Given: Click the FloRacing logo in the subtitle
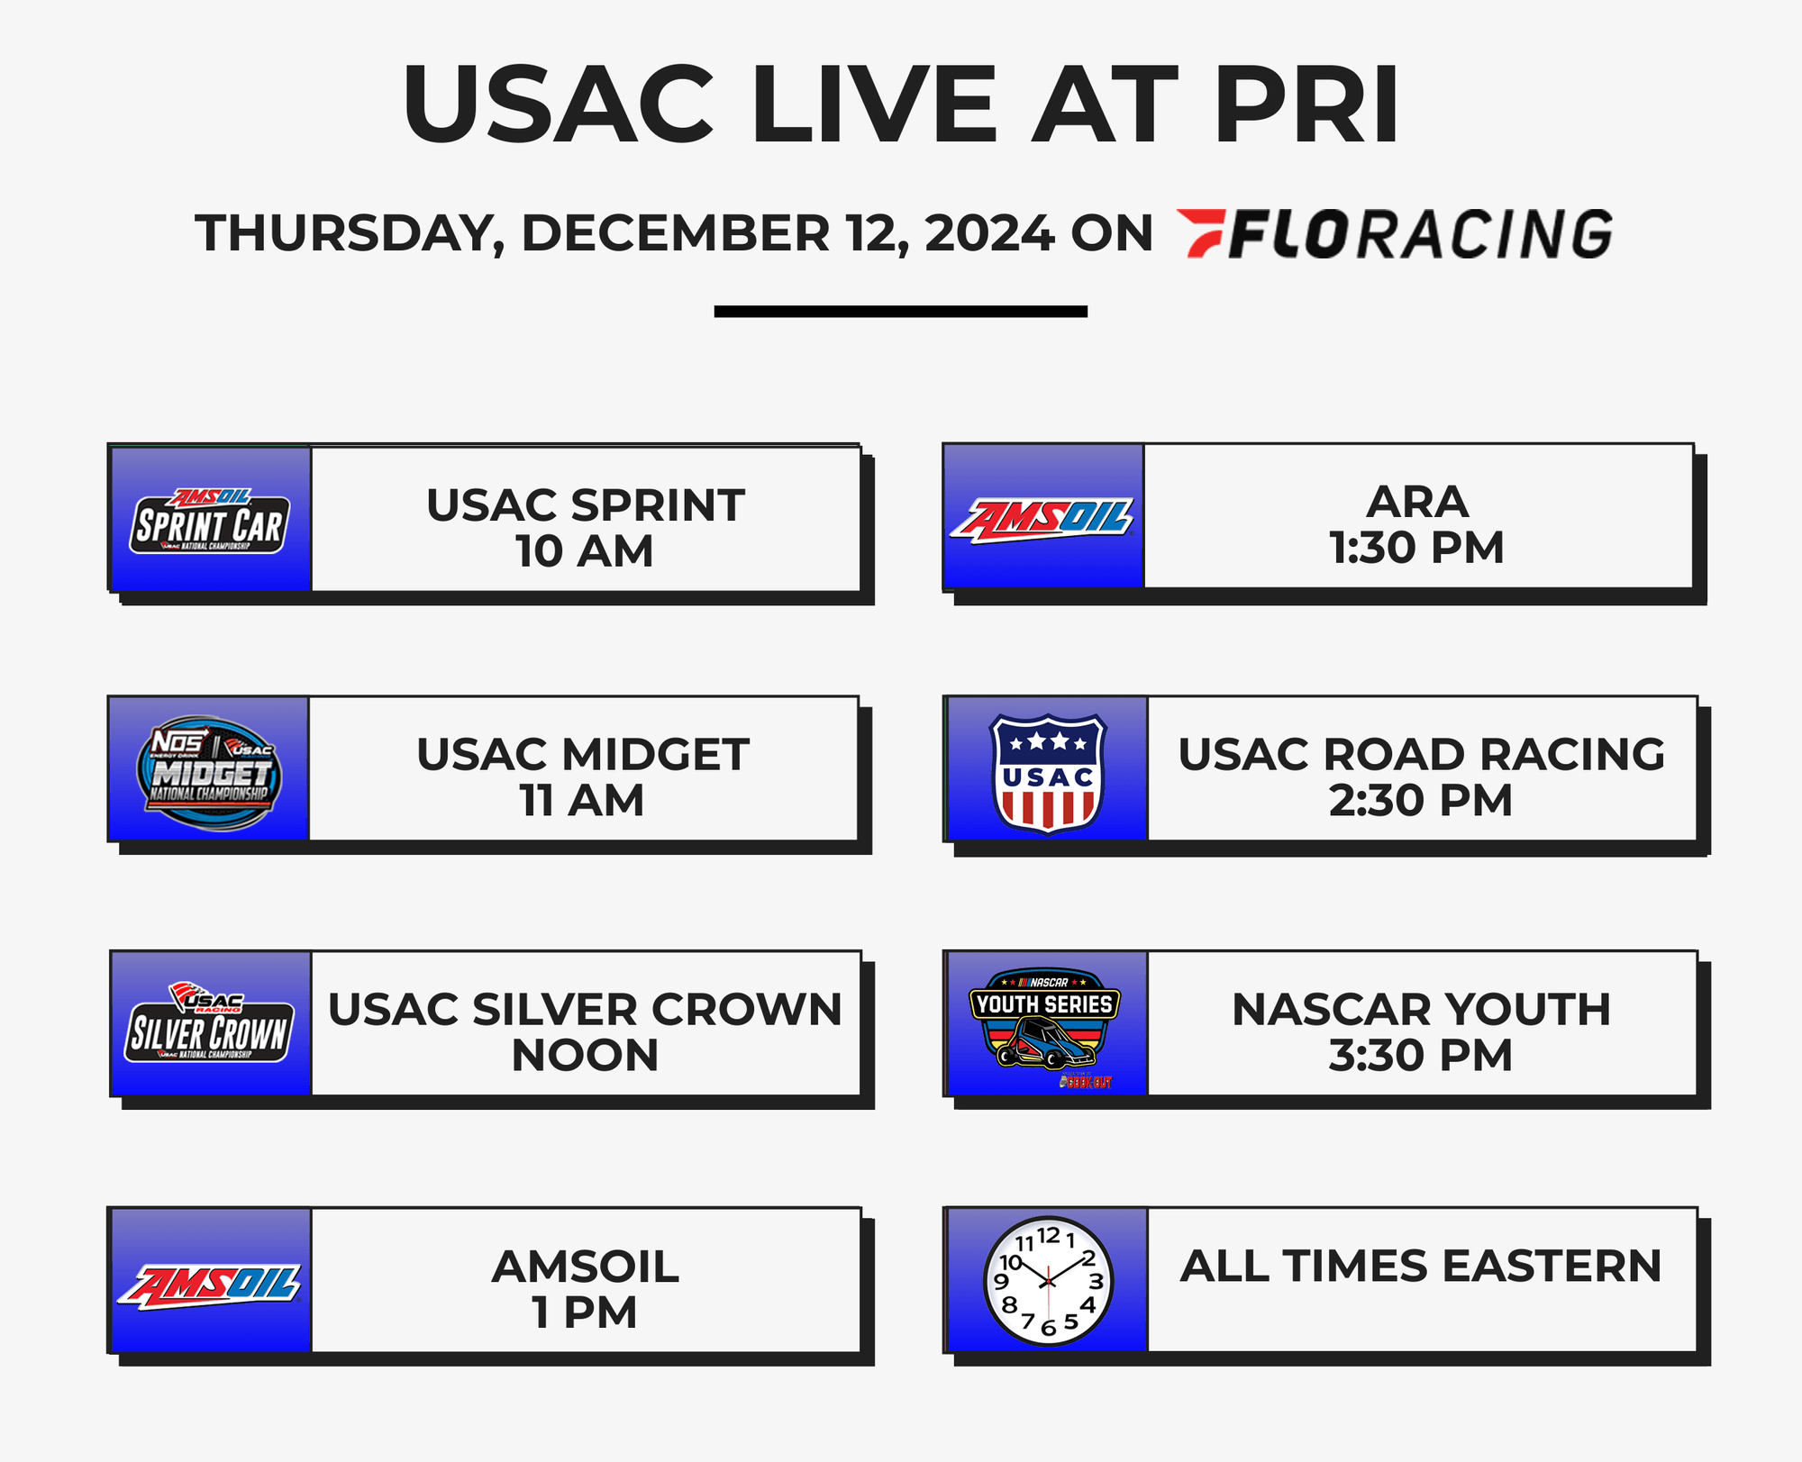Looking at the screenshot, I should tap(1395, 233).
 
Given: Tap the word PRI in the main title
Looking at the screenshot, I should tap(1306, 104).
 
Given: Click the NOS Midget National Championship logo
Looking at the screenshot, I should tap(208, 772).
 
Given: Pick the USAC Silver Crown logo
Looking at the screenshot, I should tap(210, 1024).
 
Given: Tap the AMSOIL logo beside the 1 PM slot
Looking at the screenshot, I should tap(210, 1284).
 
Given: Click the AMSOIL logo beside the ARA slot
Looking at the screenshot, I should tap(1043, 519).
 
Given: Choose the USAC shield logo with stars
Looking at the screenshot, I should tap(1047, 772).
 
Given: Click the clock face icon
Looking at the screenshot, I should tap(1048, 1280).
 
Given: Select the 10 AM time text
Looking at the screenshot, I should tap(584, 551).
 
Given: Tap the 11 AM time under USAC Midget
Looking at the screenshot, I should tap(581, 801).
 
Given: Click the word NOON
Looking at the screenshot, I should tap(585, 1056).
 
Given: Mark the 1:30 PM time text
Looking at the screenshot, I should tap(1416, 548).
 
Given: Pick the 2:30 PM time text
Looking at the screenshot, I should tap(1420, 801).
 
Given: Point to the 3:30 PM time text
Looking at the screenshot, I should tap(1420, 1056).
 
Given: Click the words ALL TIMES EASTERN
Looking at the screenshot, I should tap(1420, 1266).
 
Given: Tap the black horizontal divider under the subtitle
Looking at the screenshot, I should tap(900, 312).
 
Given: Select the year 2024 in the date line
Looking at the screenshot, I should tap(988, 233).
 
